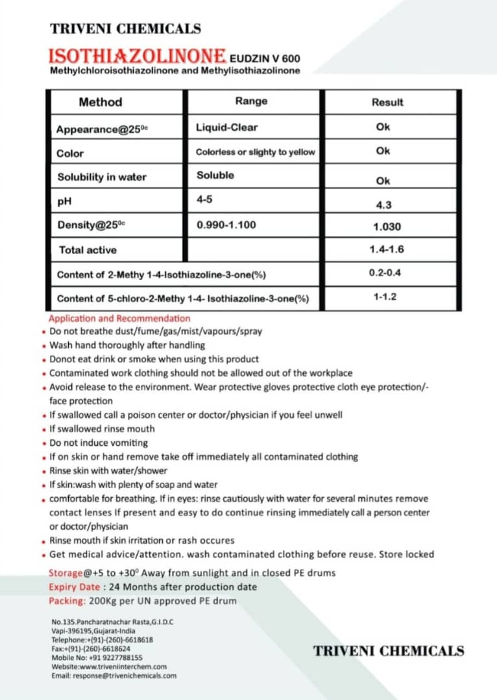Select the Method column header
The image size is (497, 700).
(100, 102)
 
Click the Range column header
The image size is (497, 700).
(251, 101)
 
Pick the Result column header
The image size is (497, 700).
(387, 102)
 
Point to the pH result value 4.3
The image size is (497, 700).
(383, 205)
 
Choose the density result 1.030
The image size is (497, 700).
(387, 227)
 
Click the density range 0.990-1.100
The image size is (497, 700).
(226, 225)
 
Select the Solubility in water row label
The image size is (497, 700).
(102, 177)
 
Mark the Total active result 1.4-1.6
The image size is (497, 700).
(387, 250)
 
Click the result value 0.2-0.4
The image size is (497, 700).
(385, 273)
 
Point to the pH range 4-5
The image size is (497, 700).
(204, 200)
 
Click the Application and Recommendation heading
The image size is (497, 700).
(119, 318)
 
